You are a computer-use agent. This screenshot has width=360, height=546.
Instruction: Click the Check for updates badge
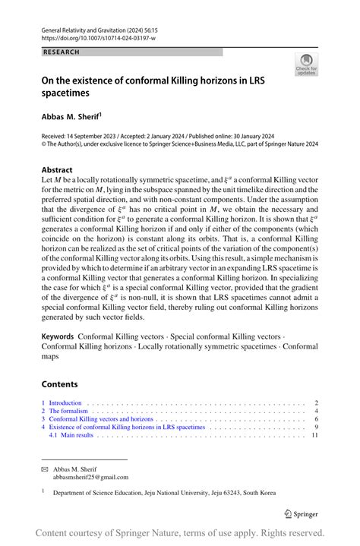point(306,65)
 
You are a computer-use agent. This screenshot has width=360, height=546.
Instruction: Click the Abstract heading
point(58,170)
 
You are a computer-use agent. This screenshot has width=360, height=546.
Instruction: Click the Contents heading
point(59,384)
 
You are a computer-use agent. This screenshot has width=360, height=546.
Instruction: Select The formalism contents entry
point(70,411)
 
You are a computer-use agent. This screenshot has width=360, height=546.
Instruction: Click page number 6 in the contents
point(316,419)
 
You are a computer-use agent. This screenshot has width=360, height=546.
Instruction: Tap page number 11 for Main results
point(314,436)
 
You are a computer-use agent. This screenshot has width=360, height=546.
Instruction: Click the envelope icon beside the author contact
point(44,469)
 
